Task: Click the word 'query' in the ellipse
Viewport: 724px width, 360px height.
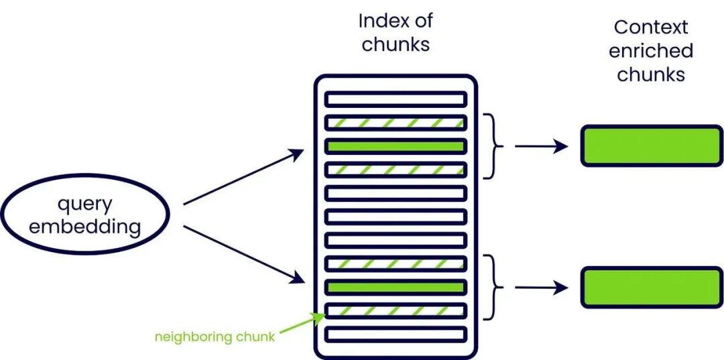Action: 84,203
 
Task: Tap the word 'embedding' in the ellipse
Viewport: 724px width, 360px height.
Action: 85,226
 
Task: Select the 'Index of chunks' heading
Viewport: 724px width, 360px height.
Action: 395,32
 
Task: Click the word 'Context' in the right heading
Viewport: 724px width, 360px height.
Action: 651,27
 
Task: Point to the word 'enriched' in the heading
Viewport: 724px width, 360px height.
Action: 651,51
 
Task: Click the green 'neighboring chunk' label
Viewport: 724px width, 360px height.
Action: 215,337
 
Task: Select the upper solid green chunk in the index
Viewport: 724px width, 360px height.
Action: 396,145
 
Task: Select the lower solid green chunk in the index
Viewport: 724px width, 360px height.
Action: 396,288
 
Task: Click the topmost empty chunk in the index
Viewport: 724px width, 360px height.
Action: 396,99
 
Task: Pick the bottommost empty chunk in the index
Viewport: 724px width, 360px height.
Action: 396,334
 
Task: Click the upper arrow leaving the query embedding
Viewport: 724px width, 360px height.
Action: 243,177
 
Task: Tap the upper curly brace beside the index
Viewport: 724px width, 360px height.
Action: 496,146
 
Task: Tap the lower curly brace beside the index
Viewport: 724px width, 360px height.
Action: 496,288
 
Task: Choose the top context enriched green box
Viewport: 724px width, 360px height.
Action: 651,145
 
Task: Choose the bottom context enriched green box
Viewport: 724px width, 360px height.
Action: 651,288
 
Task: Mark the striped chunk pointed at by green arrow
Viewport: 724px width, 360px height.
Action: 396,311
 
